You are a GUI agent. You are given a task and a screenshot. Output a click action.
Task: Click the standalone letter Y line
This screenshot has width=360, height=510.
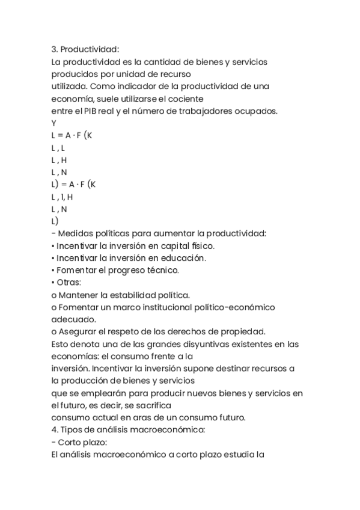click(54, 123)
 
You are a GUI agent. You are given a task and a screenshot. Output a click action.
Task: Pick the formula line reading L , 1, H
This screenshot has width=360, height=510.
click(63, 197)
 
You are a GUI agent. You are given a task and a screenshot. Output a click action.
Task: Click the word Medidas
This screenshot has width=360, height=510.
click(75, 233)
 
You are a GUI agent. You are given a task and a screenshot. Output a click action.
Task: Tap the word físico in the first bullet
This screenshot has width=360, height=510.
click(200, 245)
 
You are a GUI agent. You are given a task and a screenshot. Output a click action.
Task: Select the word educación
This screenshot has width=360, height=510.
click(183, 258)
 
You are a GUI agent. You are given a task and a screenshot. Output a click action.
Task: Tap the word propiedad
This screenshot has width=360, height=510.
click(248, 331)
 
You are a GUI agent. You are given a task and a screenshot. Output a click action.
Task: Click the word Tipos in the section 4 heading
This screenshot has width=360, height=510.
click(72, 430)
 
